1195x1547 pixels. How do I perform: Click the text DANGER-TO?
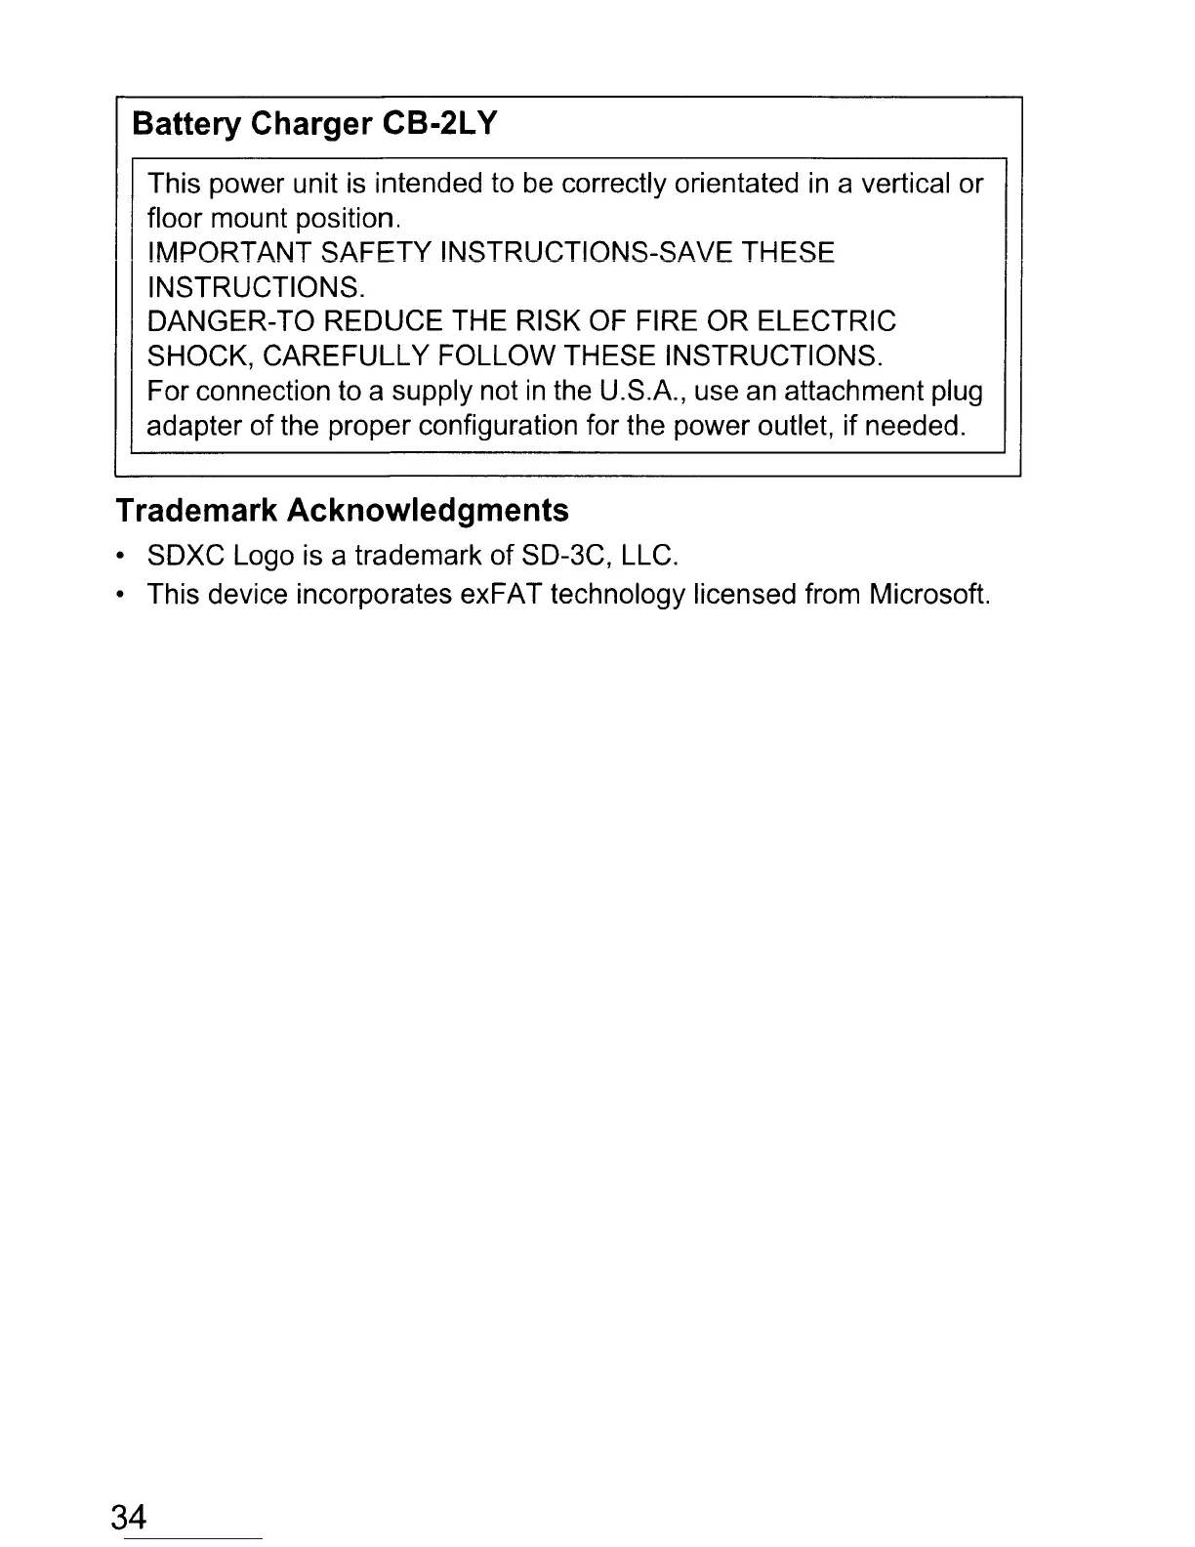pyautogui.click(x=229, y=322)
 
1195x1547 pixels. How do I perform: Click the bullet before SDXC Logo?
pyautogui.click(x=119, y=558)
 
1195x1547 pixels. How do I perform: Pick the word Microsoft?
pyautogui.click(x=929, y=594)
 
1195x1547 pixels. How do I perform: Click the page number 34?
pyautogui.click(x=130, y=1518)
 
